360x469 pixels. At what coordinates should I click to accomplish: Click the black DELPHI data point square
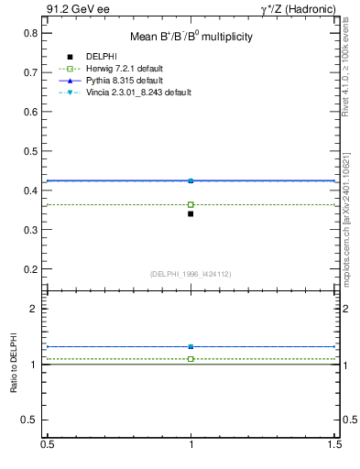(x=191, y=213)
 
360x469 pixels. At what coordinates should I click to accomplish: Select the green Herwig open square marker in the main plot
(x=191, y=204)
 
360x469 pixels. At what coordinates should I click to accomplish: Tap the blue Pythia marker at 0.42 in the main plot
(x=191, y=180)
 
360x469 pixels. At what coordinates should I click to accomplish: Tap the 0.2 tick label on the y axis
(x=31, y=270)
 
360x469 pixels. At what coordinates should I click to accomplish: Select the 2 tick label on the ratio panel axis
(x=33, y=310)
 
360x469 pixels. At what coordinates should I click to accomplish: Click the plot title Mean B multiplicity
(x=189, y=37)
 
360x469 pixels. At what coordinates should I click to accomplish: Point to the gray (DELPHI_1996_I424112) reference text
(x=191, y=273)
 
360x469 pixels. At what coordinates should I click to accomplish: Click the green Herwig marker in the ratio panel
(x=191, y=359)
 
